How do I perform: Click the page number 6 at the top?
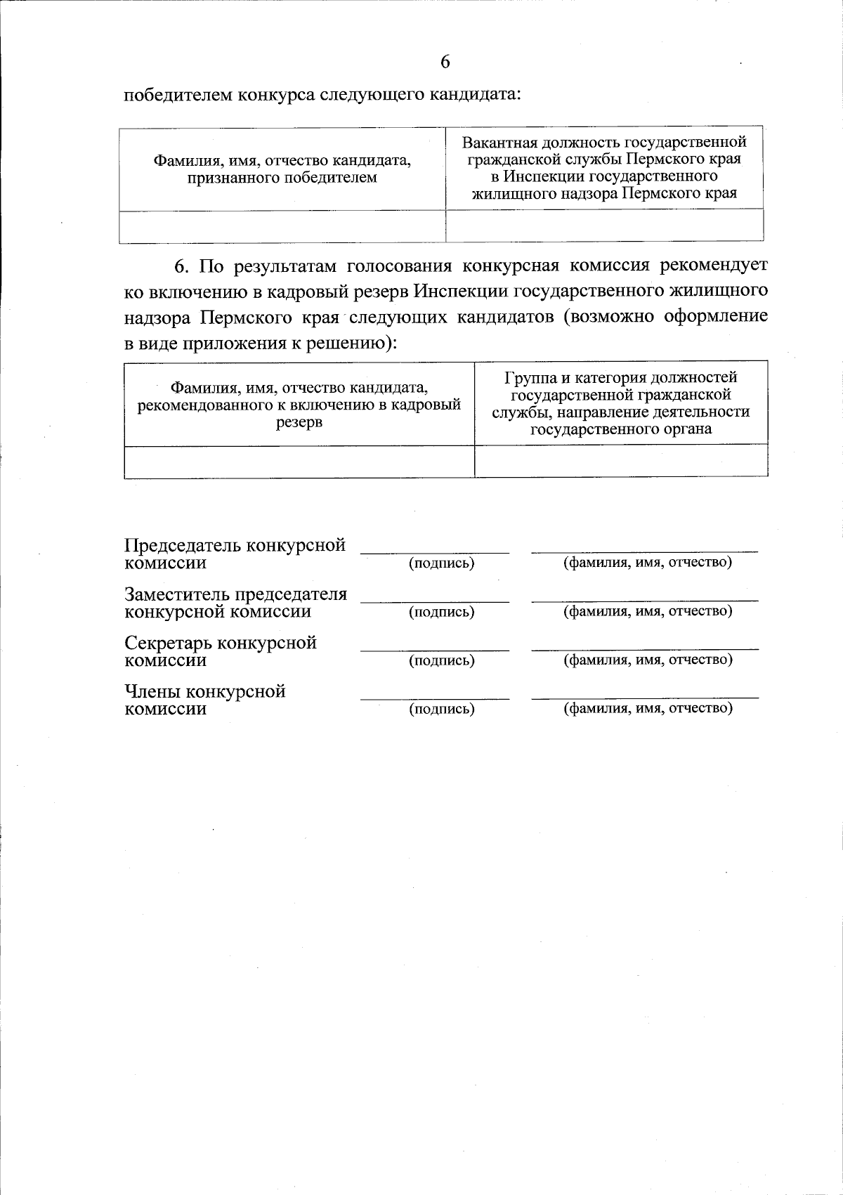[x=445, y=62]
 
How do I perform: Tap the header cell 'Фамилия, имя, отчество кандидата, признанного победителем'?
[x=282, y=169]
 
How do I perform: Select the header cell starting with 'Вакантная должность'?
[x=604, y=169]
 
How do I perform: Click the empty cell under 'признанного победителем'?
[x=282, y=226]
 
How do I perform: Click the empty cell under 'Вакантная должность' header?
[x=604, y=226]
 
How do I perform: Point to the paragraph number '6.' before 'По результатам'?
[x=182, y=266]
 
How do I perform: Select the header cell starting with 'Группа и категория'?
[x=621, y=403]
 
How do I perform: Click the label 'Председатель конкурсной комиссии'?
[x=235, y=554]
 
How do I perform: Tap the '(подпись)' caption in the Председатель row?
[x=441, y=563]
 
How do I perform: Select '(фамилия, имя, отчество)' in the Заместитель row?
[x=648, y=611]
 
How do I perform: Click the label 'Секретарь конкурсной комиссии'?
[x=221, y=651]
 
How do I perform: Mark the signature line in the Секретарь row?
[x=434, y=650]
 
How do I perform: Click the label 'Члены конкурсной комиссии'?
[x=205, y=699]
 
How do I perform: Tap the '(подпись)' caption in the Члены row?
[x=441, y=709]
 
